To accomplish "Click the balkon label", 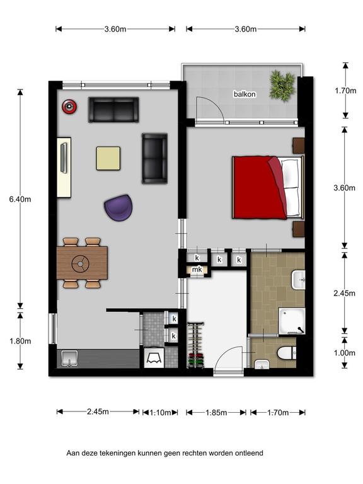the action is point(245,94).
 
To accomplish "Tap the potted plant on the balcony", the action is point(282,84).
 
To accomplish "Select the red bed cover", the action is point(260,188).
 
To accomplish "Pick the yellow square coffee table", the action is point(108,158).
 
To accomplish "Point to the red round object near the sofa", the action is point(69,107).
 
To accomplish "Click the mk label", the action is point(197,270).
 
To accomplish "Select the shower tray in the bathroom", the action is point(292,321).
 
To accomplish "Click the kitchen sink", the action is point(70,359).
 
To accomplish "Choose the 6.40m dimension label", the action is point(20,199).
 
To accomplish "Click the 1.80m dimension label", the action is point(20,341).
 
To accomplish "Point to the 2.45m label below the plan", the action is point(98,412).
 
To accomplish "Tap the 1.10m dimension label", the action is point(160,412).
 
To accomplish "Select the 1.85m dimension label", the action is point(216,412).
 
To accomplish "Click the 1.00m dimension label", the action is point(344,352).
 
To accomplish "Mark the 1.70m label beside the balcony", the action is point(345,91).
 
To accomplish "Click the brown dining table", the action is point(82,263).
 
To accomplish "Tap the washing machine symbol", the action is point(154,358).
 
